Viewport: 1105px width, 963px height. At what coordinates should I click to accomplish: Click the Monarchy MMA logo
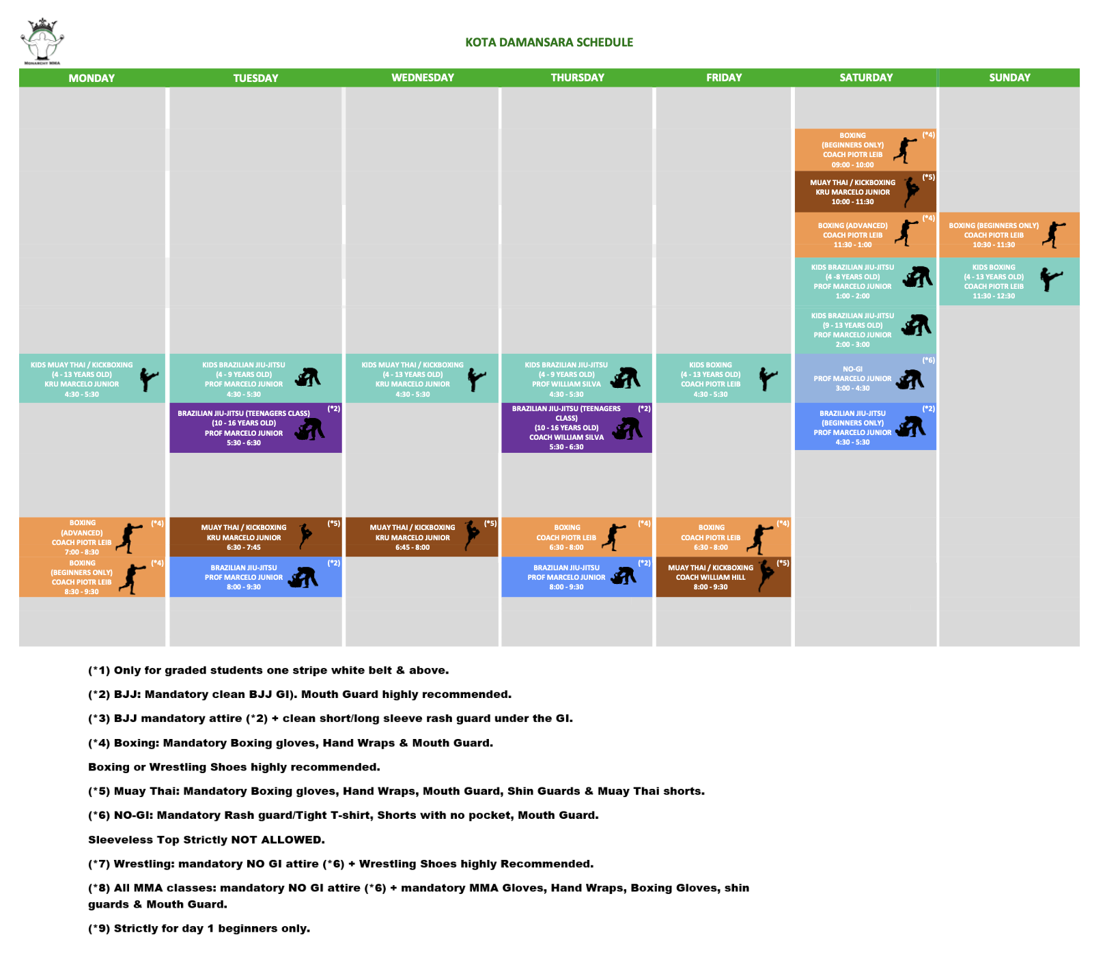pos(42,42)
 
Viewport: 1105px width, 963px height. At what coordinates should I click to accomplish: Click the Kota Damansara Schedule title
pos(549,42)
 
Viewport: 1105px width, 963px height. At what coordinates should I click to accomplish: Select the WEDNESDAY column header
pos(422,78)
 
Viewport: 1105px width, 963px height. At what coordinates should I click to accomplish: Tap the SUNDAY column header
pos(1009,78)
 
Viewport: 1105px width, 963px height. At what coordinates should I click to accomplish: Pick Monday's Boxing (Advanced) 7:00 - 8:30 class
pos(92,537)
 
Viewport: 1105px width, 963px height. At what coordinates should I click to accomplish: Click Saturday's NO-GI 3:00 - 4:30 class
pos(865,378)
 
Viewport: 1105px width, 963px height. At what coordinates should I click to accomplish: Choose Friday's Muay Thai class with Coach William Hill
pos(723,577)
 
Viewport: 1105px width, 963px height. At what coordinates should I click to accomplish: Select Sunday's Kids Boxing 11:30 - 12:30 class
pos(1009,281)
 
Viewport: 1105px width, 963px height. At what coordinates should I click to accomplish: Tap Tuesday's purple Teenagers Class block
pos(255,428)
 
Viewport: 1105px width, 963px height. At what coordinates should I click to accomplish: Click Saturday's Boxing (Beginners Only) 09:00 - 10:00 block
pos(865,150)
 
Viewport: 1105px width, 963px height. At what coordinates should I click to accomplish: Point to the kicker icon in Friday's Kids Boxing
pos(768,378)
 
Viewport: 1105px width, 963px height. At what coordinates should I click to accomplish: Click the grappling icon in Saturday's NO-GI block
pos(910,379)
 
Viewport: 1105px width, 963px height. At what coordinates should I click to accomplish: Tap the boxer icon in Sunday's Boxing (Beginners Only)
pos(1054,234)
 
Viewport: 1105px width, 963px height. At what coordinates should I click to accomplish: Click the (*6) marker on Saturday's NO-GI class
pos(928,360)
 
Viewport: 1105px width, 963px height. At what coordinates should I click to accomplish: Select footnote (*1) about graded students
pos(268,670)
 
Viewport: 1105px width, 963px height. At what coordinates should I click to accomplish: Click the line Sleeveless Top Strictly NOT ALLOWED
pos(206,839)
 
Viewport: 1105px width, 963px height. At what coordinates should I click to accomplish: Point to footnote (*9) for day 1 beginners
pos(199,928)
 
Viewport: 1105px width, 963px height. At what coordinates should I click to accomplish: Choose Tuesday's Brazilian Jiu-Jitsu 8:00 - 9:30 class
pos(255,577)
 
